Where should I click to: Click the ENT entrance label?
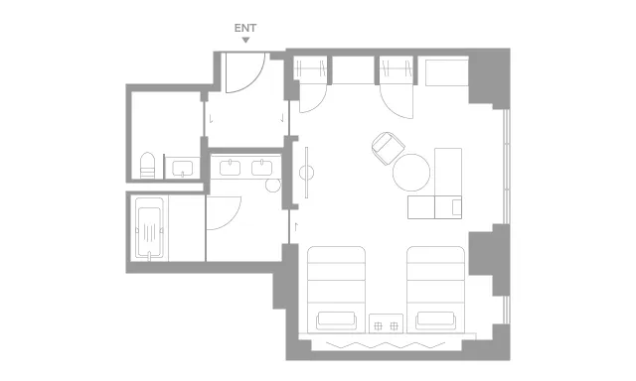click(x=245, y=28)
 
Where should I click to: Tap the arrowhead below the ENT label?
click(x=245, y=40)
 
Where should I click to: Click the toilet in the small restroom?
click(x=148, y=165)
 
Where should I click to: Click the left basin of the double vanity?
click(x=230, y=168)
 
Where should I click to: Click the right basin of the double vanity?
click(x=261, y=168)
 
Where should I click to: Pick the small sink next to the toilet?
click(x=182, y=168)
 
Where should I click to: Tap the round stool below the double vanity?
click(x=273, y=185)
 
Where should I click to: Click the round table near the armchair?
click(x=411, y=172)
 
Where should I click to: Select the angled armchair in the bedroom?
click(x=389, y=148)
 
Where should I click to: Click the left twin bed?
click(x=336, y=290)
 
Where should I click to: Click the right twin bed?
click(x=435, y=290)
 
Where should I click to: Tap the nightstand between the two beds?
click(x=387, y=323)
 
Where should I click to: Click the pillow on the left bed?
click(x=336, y=319)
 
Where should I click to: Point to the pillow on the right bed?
click(x=435, y=319)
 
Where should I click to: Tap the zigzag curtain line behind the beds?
click(x=386, y=345)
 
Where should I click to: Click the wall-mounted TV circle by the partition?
click(x=307, y=173)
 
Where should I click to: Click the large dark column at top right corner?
click(x=489, y=77)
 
